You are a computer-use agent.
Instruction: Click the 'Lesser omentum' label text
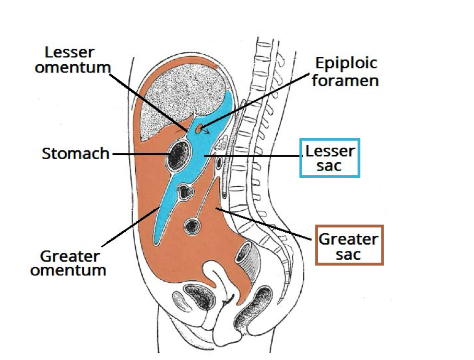78,60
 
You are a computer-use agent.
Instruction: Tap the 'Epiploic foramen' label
346,72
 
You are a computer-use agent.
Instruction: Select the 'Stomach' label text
76,153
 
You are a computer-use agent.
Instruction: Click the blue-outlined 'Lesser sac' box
330,158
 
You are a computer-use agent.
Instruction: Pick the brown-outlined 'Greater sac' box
349,245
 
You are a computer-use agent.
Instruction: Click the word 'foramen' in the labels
346,80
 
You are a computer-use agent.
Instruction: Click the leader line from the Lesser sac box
256,155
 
